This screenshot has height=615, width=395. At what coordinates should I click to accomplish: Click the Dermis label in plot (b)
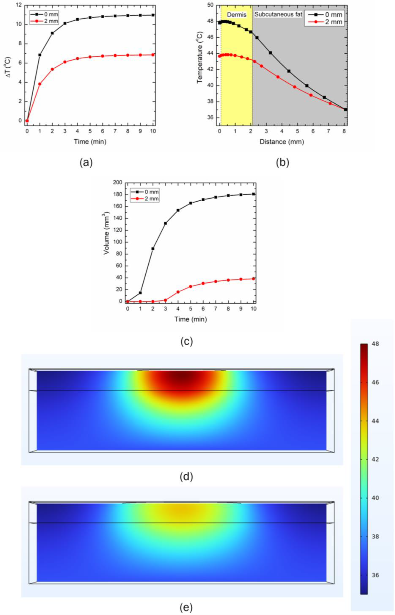[236, 15]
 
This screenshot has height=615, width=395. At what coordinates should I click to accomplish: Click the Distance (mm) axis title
[282, 142]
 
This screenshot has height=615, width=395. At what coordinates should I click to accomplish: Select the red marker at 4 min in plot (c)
[178, 292]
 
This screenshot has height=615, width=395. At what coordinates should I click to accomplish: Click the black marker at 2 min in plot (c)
[153, 249]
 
